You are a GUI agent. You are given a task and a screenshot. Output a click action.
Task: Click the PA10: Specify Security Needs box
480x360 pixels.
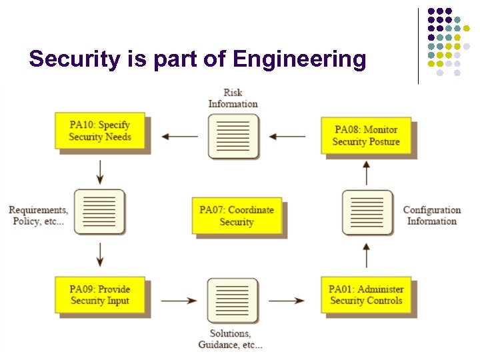coord(99,131)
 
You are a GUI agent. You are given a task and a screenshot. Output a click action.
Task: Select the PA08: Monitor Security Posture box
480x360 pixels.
coord(366,135)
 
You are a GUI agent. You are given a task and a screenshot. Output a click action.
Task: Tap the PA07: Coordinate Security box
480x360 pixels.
coord(237,215)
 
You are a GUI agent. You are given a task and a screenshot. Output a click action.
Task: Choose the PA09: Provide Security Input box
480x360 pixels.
coord(99,295)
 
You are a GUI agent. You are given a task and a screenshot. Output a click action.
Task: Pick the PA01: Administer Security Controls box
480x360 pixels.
coord(366,295)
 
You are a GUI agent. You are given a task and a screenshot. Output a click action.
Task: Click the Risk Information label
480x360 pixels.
coord(233,98)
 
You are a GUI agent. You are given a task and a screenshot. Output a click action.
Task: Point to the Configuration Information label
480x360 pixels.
coord(432,215)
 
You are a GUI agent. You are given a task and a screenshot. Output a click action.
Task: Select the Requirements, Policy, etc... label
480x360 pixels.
coord(38,215)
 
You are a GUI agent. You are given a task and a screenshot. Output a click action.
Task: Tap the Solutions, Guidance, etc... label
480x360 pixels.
coord(231,339)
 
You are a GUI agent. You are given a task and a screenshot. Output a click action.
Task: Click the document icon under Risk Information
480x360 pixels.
coord(233,136)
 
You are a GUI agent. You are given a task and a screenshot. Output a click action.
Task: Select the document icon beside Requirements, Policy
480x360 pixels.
coord(99,211)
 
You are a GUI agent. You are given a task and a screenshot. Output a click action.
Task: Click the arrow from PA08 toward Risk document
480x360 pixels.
coord(288,137)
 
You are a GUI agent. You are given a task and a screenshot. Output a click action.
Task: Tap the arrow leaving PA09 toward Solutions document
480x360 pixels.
coord(179,301)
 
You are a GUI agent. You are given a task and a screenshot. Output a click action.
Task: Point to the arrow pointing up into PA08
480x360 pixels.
coord(366,173)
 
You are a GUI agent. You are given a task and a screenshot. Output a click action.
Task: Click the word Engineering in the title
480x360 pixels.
coord(300,59)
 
